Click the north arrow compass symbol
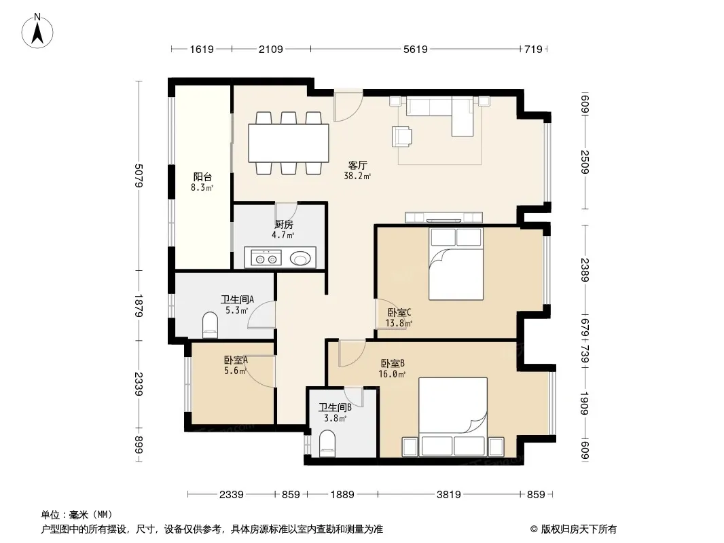37,31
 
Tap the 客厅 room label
357,165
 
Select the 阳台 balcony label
202,176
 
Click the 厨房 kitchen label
283,225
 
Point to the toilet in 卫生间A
210,324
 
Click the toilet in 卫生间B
327,443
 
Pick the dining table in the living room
289,143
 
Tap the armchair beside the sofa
401,136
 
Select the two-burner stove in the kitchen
266,257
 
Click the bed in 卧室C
456,264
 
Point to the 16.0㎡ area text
392,374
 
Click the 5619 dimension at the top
416,49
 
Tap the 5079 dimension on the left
139,175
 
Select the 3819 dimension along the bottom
449,495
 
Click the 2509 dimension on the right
585,162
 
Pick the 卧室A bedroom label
236,360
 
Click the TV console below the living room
444,217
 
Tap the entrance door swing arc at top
354,113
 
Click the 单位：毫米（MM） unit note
77,514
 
